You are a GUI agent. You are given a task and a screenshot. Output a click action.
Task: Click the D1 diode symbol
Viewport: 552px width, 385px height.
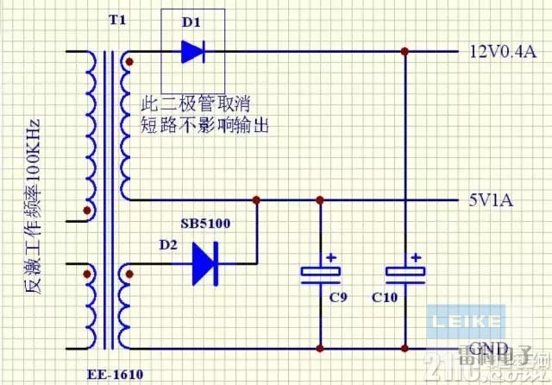point(192,51)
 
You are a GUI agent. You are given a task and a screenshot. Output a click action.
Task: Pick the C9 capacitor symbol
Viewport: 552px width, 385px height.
point(321,274)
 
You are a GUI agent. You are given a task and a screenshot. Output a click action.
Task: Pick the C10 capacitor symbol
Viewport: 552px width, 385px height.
point(405,274)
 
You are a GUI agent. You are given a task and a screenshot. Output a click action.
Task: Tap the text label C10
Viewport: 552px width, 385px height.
point(386,300)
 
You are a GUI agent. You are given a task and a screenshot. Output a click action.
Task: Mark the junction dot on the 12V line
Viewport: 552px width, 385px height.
point(405,51)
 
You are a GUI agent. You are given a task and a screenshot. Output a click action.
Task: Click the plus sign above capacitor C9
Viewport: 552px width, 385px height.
point(330,257)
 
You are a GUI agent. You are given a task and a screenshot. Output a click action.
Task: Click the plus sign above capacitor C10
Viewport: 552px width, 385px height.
point(415,257)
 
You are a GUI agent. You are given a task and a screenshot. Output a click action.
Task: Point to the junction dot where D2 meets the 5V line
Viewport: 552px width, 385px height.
point(257,199)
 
